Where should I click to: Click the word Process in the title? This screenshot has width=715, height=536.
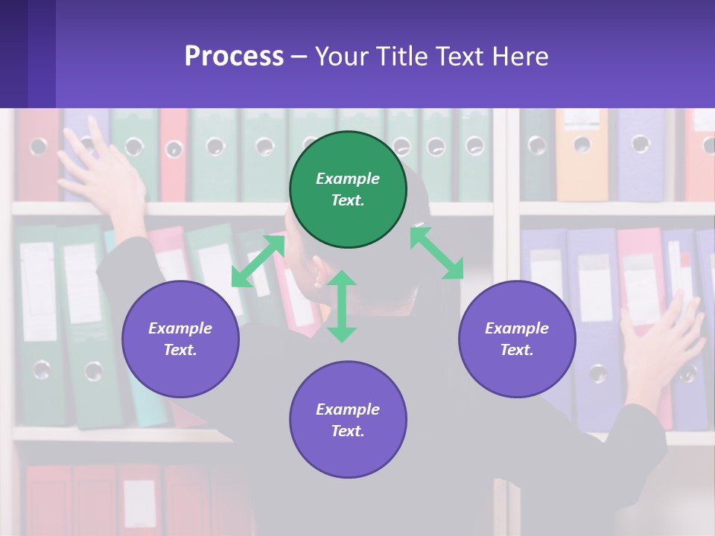pos(234,57)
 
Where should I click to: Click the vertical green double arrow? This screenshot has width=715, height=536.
pos(342,306)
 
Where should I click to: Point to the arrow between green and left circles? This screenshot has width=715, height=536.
pos(258,261)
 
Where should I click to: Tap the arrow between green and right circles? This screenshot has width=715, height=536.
pos(436,253)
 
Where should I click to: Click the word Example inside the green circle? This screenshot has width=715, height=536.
pos(348,179)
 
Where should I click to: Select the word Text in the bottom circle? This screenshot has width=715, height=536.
pos(348,431)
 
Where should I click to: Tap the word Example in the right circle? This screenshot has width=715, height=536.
pos(517,328)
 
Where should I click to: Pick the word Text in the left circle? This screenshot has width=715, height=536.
pos(180,350)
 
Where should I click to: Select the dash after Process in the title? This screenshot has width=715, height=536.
pos(299,57)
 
